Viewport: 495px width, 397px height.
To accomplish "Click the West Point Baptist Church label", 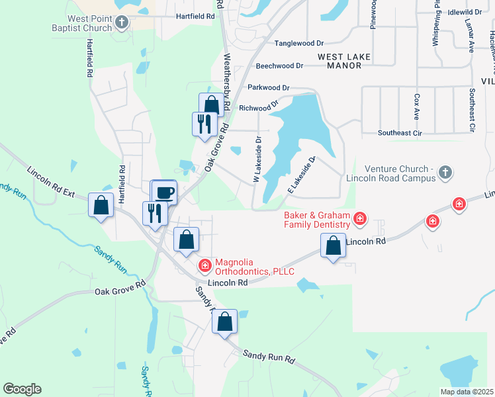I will click(83, 23).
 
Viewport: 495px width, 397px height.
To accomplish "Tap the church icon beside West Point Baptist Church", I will click(121, 23).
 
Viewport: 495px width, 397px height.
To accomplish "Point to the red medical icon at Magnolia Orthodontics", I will click(205, 266).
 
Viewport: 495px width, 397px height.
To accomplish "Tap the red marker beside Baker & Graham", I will click(360, 217).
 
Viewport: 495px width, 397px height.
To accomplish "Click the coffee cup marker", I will click(164, 193).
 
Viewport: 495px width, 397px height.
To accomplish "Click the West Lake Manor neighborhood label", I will click(348, 62).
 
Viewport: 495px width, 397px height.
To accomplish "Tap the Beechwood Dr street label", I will click(279, 66).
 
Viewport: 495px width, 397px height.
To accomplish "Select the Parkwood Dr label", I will click(269, 87).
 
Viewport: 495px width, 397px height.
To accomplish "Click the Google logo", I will click(22, 389).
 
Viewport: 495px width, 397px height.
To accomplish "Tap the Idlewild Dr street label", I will click(465, 13).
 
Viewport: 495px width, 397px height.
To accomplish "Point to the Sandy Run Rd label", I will click(269, 357).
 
